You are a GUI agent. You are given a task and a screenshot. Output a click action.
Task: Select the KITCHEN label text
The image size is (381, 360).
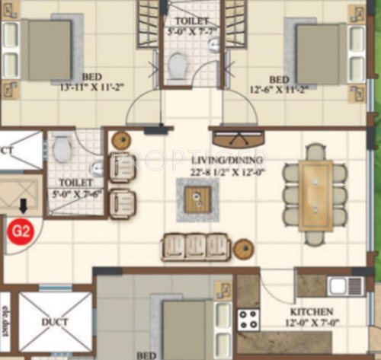pyautogui.click(x=311, y=312)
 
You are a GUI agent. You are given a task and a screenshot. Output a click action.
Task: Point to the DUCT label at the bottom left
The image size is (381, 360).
pyautogui.click(x=55, y=322)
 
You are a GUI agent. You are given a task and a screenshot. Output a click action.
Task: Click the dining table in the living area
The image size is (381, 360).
pyautogui.click(x=315, y=195)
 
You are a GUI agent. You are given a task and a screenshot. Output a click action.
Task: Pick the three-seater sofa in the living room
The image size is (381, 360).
pyautogui.click(x=195, y=247)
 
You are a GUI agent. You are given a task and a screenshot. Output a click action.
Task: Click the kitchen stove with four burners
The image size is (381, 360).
pyautogui.click(x=248, y=320)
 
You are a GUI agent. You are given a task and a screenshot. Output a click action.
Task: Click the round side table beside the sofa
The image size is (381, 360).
pyautogui.click(x=243, y=248)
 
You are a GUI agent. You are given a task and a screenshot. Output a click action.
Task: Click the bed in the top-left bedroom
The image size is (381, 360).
pyautogui.click(x=46, y=50)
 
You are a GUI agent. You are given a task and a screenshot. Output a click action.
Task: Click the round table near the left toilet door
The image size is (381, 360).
pyautogui.click(x=120, y=140)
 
